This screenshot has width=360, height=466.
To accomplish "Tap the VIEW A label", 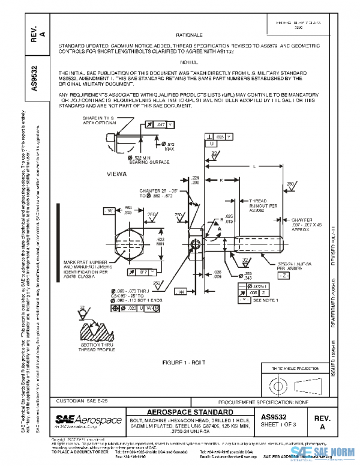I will point(116,174).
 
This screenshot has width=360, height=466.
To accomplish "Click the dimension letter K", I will point(221,180).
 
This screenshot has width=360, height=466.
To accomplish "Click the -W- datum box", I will point(94,210).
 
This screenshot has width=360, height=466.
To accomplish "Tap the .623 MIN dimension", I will point(143,241).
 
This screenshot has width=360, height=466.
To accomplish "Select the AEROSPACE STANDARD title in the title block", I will point(190,412).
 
